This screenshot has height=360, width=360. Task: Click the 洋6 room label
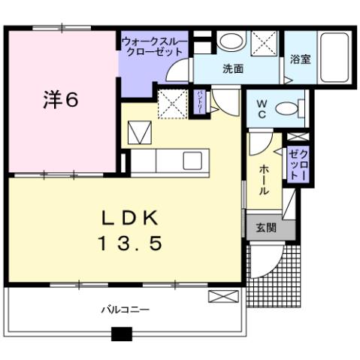coord(60,101)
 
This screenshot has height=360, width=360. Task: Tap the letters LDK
coord(130,218)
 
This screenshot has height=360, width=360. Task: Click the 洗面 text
coord(232,68)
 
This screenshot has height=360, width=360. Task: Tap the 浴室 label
coord(301,59)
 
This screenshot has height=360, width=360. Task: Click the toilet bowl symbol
coord(289,108)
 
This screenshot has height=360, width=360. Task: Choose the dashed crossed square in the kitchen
coord(172,102)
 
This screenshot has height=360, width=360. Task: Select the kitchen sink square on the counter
coord(192,160)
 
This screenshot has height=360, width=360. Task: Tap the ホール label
coord(264,180)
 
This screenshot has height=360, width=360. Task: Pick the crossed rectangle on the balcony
coord(222,295)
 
